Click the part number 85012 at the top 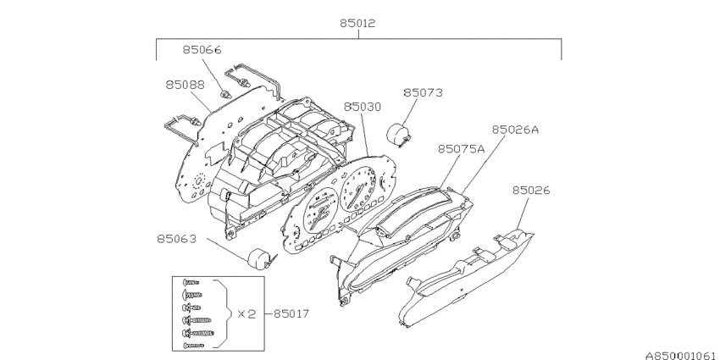[357, 23]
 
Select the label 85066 [202, 50]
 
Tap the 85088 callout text [185, 85]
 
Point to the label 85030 [363, 107]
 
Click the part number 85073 [423, 93]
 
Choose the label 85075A [461, 149]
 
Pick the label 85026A [515, 130]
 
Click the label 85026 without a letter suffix [531, 190]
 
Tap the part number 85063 [177, 239]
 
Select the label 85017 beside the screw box [291, 314]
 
